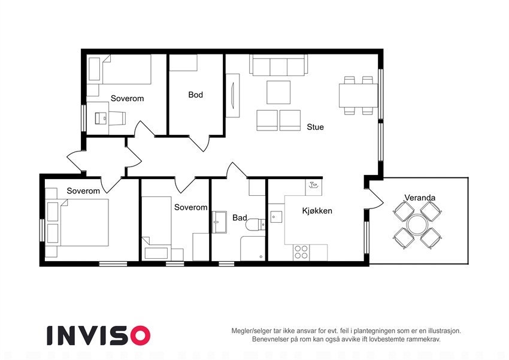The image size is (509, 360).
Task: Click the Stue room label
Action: (315, 127)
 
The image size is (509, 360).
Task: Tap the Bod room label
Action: (195, 95)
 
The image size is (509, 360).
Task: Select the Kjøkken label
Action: (317, 211)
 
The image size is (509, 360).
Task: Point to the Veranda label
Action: (419, 197)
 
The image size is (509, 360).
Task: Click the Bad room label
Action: (240, 217)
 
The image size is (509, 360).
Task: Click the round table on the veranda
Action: (417, 225)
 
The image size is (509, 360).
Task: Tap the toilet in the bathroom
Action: (254, 225)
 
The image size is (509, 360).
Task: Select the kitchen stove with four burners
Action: (301, 252)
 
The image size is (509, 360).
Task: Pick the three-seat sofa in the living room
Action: (278, 65)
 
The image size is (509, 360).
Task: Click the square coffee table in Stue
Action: (278, 92)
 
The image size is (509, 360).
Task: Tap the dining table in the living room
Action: (358, 95)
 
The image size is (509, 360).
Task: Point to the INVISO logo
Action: (98, 335)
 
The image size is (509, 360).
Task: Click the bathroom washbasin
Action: (219, 222)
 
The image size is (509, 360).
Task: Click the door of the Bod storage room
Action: (199, 143)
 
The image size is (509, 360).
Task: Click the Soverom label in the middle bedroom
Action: (190, 207)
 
